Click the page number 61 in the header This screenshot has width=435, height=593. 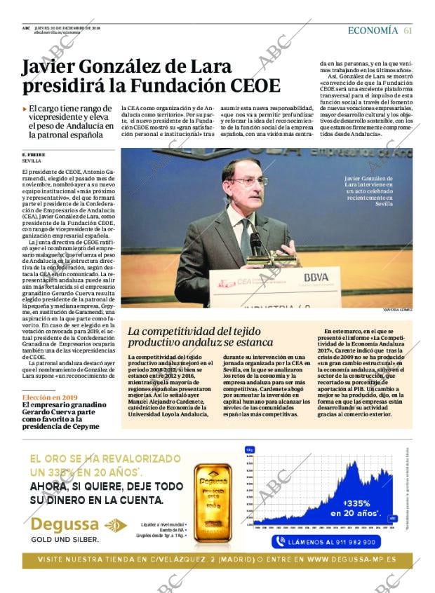pos(408,30)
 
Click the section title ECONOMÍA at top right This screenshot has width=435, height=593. pos(373,30)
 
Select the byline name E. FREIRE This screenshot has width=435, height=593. pos(34,154)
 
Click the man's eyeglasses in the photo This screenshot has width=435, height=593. pos(248,181)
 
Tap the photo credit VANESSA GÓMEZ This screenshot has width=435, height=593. pos(397,309)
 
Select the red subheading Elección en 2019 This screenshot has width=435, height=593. pos(50,397)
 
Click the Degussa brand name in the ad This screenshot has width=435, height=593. pos(65,525)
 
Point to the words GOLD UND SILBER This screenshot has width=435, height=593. pos(65,540)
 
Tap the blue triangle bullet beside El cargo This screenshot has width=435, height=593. pos(25,109)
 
